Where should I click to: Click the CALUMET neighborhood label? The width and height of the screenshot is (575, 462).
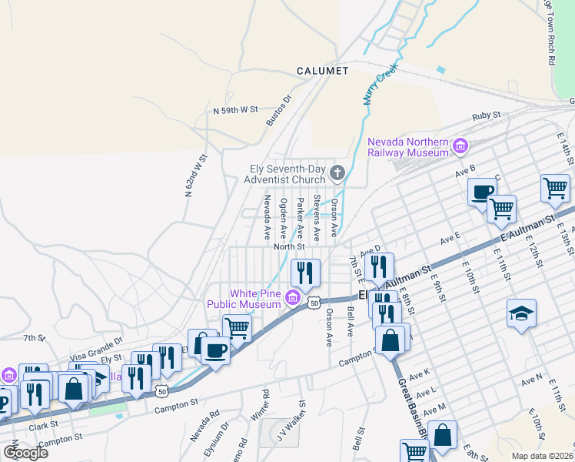[323, 71]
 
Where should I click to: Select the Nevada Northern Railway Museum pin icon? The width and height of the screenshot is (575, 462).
[460, 146]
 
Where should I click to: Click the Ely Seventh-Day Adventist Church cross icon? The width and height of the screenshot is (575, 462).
[337, 171]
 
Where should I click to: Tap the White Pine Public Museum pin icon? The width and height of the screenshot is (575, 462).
[292, 298]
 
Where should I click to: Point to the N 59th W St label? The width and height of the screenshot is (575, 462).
[235, 111]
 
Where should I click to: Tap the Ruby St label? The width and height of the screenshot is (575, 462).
[486, 115]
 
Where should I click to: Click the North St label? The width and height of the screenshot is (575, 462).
[289, 247]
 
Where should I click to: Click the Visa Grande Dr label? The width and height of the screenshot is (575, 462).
[97, 343]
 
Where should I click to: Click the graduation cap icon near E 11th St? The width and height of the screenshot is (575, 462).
[521, 313]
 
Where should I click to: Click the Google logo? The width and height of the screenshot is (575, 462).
[25, 452]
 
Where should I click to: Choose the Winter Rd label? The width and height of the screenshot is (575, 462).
[265, 403]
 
